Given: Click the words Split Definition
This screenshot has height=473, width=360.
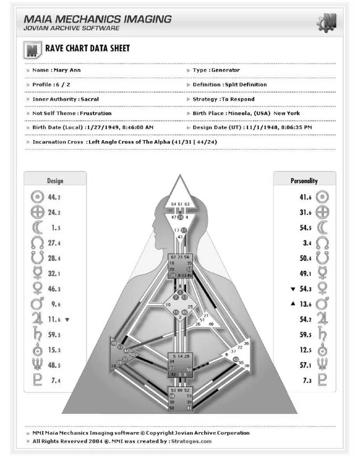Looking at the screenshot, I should (246, 85).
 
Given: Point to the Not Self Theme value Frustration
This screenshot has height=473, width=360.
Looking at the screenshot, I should (96, 113).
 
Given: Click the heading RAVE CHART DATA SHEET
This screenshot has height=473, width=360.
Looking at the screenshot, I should (87, 49).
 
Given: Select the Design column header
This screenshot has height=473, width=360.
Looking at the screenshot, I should (55, 181).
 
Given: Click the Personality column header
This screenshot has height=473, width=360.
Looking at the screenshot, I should (304, 181).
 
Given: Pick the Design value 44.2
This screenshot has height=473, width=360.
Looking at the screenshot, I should (54, 197).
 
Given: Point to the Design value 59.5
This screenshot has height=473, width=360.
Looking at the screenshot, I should (54, 335).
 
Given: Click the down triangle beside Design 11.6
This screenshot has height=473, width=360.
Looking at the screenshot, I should (67, 319).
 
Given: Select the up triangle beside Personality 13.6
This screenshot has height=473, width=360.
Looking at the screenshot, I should (293, 304).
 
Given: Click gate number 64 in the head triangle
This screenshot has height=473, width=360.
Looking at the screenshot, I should (173, 204).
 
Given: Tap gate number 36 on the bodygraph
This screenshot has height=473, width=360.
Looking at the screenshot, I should (246, 344).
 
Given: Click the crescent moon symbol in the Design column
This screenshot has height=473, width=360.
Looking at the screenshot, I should (37, 228).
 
